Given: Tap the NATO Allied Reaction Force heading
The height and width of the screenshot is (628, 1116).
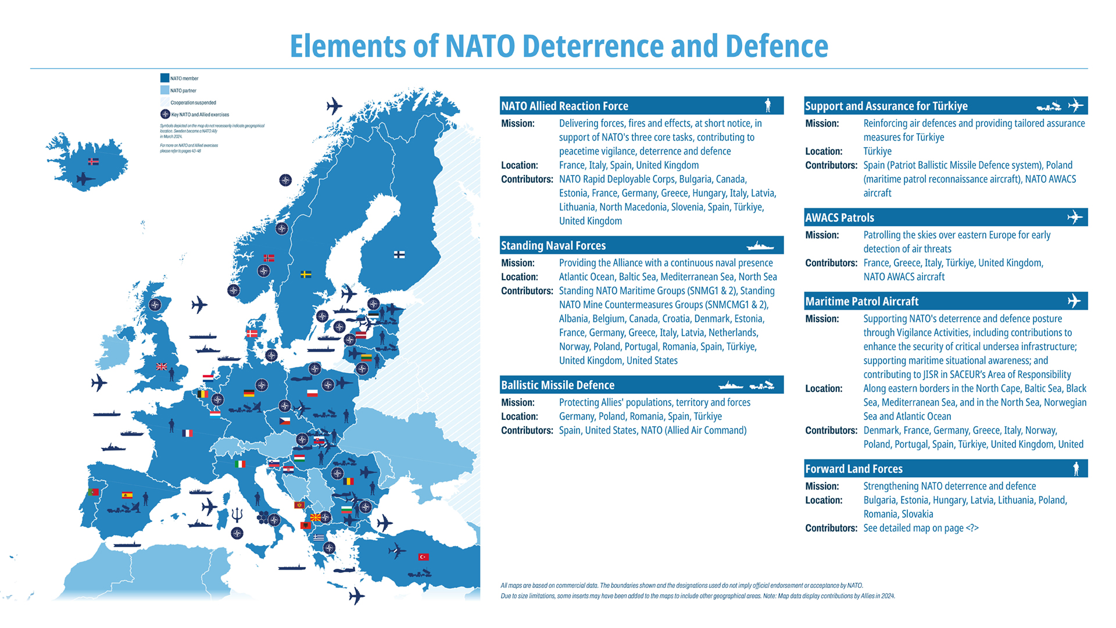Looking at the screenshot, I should [564, 106].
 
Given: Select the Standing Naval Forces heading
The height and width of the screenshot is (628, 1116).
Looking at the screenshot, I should [553, 245].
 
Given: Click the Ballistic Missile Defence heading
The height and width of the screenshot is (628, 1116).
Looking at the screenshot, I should [557, 385].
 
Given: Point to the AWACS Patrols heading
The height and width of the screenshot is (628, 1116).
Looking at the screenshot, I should [839, 217].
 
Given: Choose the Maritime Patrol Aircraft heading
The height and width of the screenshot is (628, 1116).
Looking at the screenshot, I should [861, 301].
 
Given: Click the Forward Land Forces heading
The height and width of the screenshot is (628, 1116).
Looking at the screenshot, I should [853, 469].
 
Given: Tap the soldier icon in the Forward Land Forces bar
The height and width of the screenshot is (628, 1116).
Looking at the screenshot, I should [1076, 469].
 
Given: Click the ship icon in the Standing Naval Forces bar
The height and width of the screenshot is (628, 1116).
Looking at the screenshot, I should [760, 246].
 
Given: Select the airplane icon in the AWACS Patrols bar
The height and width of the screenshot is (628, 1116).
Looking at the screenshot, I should [1075, 217].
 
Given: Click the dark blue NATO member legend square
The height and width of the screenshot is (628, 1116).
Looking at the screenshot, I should [165, 78].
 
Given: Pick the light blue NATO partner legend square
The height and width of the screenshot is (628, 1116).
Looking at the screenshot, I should [165, 90].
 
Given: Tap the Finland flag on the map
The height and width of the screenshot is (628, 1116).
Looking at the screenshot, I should [399, 255].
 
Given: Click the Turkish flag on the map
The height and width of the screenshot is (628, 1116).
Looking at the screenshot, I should [423, 556].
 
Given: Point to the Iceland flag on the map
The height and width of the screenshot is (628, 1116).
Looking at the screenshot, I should [93, 162].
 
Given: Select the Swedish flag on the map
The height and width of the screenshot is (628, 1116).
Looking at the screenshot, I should [306, 274].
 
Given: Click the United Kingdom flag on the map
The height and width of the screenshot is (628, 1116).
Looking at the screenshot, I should [162, 366].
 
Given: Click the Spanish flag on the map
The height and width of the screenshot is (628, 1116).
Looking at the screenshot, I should [127, 495].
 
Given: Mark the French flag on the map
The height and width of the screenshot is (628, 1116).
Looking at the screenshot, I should [187, 433].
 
